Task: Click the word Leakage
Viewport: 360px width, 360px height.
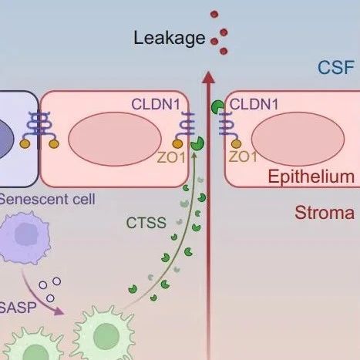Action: point(170,39)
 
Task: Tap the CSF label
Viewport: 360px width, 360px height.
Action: point(336,68)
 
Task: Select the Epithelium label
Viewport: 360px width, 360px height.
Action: point(311,177)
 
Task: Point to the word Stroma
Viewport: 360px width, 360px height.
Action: point(325,213)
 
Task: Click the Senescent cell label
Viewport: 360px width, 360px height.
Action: point(47,199)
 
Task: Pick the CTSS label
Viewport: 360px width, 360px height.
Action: point(146,223)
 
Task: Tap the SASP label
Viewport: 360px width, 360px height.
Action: point(18,308)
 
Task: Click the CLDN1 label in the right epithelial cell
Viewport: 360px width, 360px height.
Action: point(254,104)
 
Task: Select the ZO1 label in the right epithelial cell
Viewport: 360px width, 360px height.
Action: point(243,156)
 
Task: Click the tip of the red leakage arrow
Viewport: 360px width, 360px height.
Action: point(208,72)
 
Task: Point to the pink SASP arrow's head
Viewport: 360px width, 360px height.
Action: point(59,311)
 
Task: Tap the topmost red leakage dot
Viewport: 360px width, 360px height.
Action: point(214,15)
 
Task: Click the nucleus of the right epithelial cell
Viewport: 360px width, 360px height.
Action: point(298,139)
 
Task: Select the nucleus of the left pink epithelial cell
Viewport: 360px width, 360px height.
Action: point(115,139)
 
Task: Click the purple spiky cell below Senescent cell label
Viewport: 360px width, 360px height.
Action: point(25,237)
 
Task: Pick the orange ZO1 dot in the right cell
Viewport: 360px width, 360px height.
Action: point(236,144)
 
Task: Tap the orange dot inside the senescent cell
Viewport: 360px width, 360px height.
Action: point(25,143)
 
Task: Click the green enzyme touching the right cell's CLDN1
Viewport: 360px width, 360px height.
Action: point(217,107)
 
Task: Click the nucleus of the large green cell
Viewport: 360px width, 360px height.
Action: point(106,336)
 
